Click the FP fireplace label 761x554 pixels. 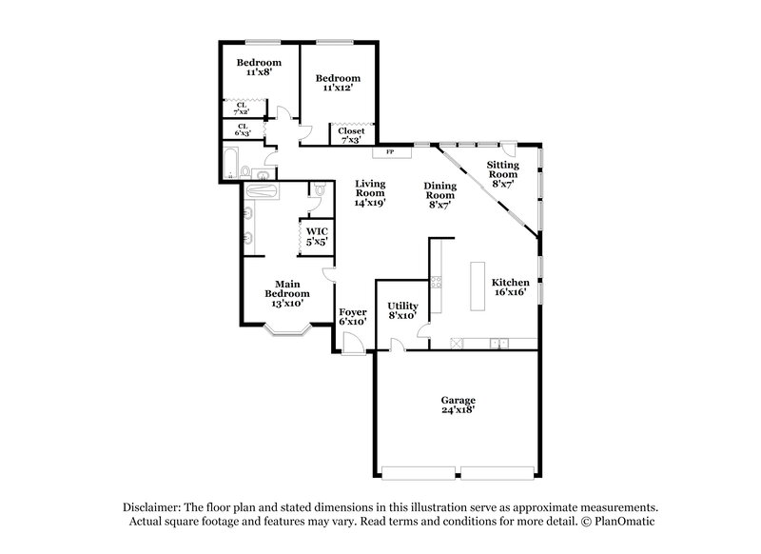coord(389,152)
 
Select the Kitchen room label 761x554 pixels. coord(510,288)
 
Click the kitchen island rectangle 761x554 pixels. coord(476,286)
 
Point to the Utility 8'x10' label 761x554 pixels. coord(402,310)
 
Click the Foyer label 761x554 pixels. coord(353,316)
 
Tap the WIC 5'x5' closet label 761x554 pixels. coord(317,236)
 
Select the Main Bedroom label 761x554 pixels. coord(287,293)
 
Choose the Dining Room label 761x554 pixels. coord(440,193)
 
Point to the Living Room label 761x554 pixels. coord(370,192)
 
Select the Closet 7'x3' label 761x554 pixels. coord(351,135)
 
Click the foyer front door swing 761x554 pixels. coord(352,346)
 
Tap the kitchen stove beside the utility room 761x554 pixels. coord(436,282)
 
